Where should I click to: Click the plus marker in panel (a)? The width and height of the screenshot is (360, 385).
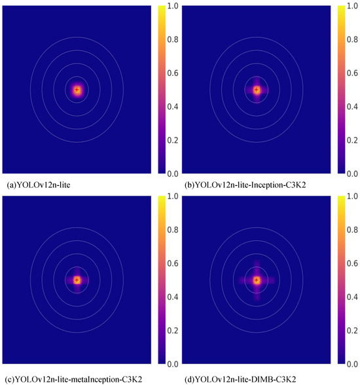pos(77,90)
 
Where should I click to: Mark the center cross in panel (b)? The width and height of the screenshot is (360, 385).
pos(257,90)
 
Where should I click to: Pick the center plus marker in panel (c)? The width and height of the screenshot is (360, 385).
pos(77,280)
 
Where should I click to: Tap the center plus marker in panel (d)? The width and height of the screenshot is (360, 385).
pos(257,280)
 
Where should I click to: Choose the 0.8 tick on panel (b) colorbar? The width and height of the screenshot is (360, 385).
pos(351,40)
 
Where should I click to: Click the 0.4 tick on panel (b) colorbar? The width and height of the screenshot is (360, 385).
pos(351,107)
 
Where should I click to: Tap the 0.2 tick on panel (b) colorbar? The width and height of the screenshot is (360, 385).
pos(351,140)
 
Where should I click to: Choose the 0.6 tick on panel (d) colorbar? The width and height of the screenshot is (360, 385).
pos(351,263)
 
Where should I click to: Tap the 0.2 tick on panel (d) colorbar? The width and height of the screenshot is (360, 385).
pos(351,330)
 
